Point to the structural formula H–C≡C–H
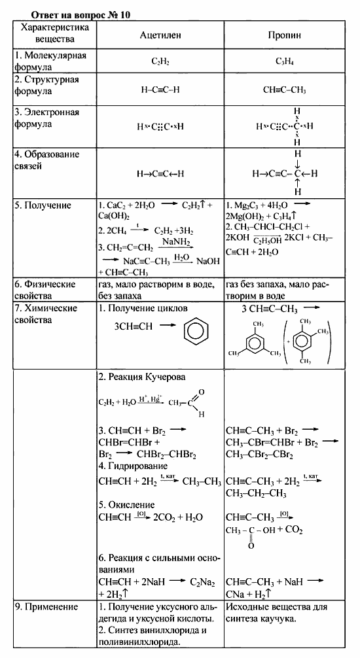(x=160, y=90)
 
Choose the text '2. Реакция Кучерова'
(x=141, y=377)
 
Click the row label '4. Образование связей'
(x=47, y=160)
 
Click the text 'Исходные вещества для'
(x=275, y=607)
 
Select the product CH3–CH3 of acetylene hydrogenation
(x=201, y=482)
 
